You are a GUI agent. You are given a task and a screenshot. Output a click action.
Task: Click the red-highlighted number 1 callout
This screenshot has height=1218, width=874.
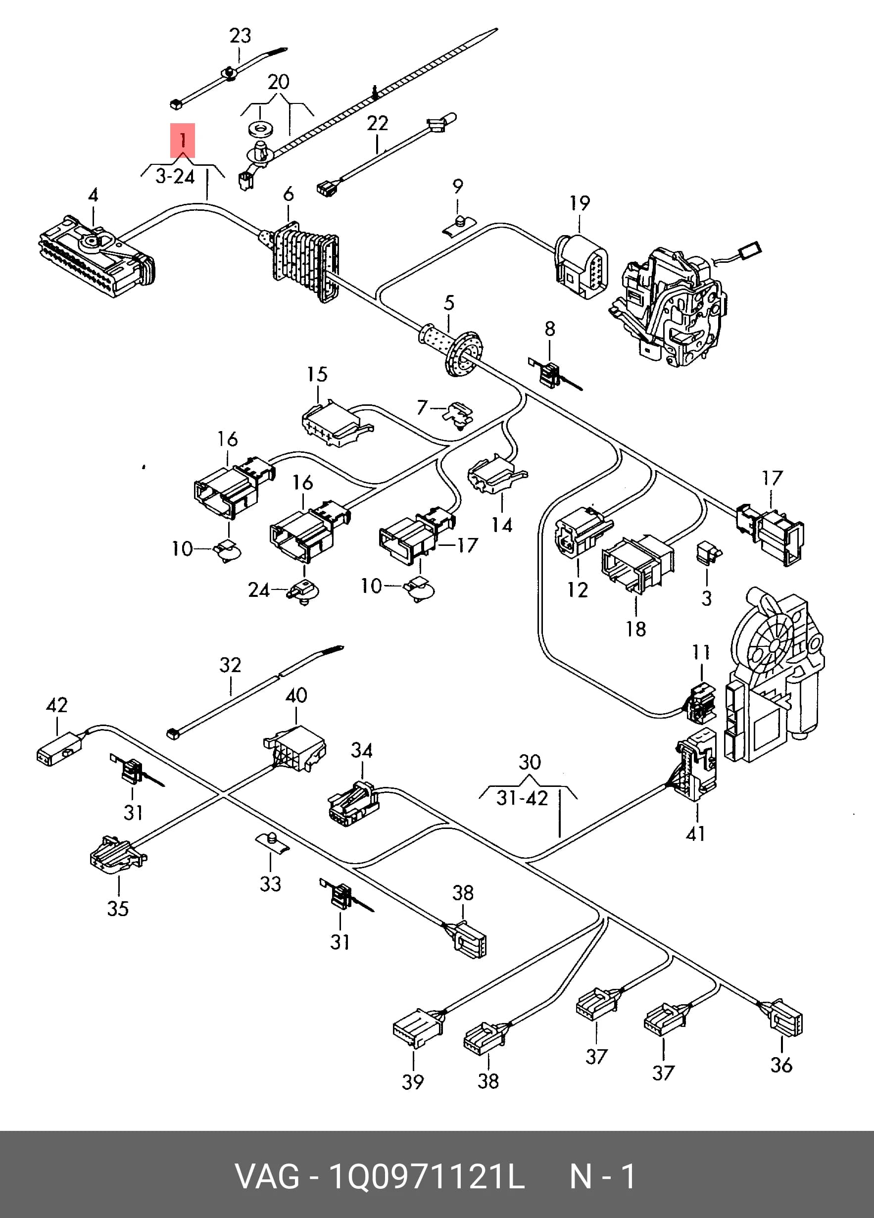coord(183,141)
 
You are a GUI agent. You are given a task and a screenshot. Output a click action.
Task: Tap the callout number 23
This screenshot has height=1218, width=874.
coord(240,36)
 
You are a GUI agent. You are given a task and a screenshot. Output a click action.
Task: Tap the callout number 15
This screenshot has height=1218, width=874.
coord(317,374)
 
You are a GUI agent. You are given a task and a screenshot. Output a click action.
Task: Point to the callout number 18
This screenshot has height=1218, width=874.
coord(635,629)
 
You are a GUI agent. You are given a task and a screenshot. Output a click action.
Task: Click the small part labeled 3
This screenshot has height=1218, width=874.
coord(709,553)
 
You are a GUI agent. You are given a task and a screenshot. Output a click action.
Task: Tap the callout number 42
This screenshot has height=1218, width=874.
coord(57,705)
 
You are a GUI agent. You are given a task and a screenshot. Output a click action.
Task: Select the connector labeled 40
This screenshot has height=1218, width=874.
coord(295,748)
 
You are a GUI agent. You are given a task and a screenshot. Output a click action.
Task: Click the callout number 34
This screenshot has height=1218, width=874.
coord(362,750)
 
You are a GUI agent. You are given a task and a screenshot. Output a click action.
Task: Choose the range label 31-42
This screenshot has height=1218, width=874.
coord(522,798)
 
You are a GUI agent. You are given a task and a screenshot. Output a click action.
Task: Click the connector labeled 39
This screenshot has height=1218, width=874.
coord(418,1028)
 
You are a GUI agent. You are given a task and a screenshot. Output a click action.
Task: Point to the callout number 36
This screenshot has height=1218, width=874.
coord(781,1073)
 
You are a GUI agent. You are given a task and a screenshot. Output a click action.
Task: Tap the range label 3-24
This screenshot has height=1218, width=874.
coord(175,176)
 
